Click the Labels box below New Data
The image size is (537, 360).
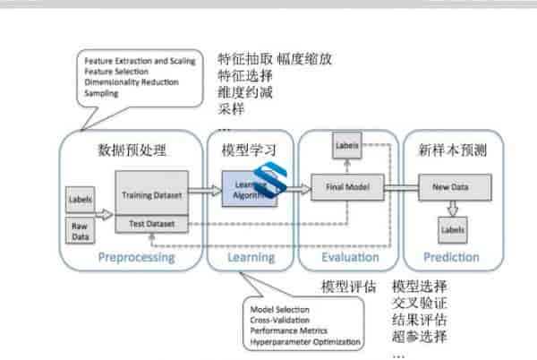click(452, 230)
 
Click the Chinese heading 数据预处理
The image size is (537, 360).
click(132, 150)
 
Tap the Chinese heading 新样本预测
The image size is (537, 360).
click(452, 150)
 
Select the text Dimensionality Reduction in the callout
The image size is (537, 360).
click(131, 82)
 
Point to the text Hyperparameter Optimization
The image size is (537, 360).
click(305, 342)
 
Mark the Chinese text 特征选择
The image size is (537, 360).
click(246, 76)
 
